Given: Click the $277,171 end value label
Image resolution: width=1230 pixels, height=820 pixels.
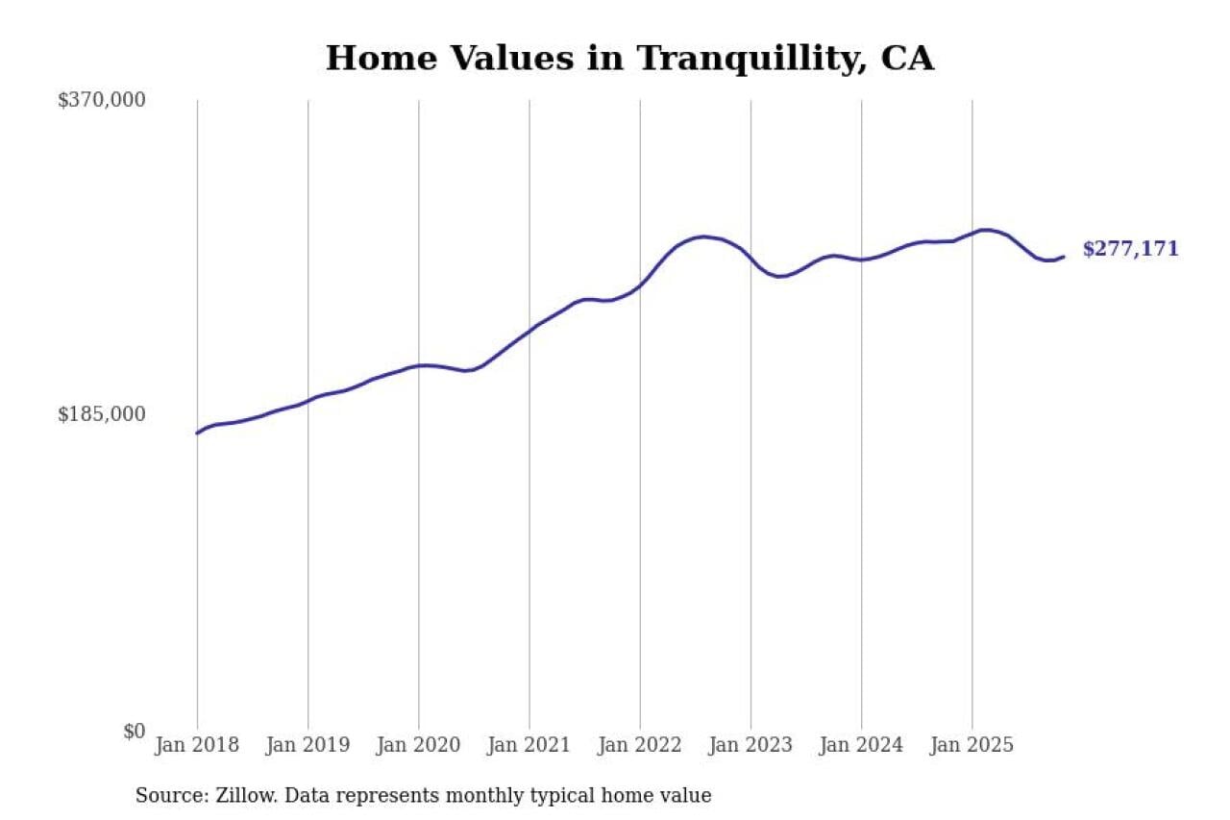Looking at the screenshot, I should click(1130, 249).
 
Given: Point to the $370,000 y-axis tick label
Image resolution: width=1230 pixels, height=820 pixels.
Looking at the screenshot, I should click(102, 100).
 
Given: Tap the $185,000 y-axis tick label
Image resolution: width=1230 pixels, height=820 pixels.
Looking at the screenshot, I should click(102, 414).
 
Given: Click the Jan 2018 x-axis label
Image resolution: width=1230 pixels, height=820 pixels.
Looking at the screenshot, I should click(197, 745).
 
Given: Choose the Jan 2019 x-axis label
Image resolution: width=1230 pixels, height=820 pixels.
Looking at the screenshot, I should click(307, 745).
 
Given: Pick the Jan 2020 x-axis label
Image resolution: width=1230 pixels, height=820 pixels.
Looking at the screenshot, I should click(418, 745).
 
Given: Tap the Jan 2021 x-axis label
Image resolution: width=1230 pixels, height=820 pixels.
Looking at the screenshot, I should click(529, 745).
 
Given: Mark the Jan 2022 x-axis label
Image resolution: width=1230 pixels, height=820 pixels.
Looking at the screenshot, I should click(639, 745).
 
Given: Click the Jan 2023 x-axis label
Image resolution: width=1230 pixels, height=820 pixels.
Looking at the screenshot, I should click(750, 745).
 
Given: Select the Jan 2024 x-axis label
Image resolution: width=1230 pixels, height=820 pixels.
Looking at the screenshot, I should click(861, 745).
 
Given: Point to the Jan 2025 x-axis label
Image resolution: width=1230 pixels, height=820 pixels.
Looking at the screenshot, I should click(972, 745).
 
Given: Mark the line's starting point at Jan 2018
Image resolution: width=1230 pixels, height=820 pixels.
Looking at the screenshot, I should click(198, 433).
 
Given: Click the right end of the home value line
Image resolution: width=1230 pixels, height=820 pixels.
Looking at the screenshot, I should click(1064, 257).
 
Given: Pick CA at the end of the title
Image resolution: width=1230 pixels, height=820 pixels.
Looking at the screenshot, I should click(907, 59).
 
